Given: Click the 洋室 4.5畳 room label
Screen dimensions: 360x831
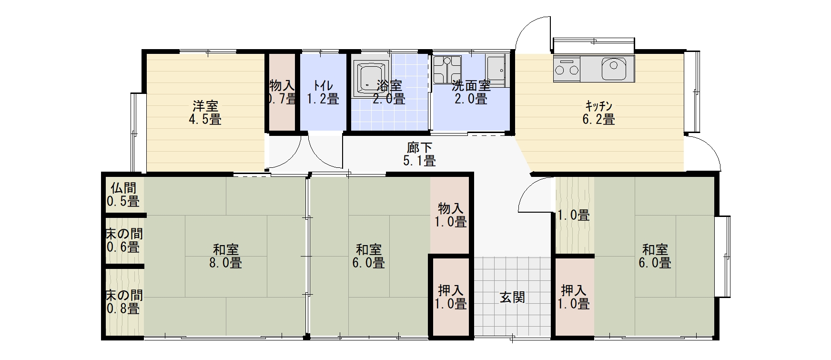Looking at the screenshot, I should click(205, 113).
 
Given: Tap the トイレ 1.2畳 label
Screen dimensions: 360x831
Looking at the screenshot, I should click(323, 93).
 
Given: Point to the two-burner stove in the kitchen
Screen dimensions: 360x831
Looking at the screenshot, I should click(566, 70).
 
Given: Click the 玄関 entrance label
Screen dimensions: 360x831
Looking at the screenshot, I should click(512, 297).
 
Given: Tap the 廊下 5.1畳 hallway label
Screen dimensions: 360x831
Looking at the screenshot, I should click(419, 154).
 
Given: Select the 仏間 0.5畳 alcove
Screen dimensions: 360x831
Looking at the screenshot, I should click(123, 195).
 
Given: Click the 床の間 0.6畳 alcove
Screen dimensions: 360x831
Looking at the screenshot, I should click(123, 241).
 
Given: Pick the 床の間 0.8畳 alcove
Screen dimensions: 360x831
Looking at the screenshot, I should click(123, 302).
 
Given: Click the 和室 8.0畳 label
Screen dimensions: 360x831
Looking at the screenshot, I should click(225, 256).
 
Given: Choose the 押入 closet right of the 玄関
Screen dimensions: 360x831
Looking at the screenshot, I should click(575, 297).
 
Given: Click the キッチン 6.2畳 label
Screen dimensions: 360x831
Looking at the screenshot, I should click(598, 113).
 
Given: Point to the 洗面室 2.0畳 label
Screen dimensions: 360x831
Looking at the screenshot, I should click(471, 93).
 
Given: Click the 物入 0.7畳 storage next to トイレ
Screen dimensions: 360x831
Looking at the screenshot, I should click(282, 93).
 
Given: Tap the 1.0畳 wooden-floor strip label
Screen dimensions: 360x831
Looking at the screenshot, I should click(574, 215).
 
